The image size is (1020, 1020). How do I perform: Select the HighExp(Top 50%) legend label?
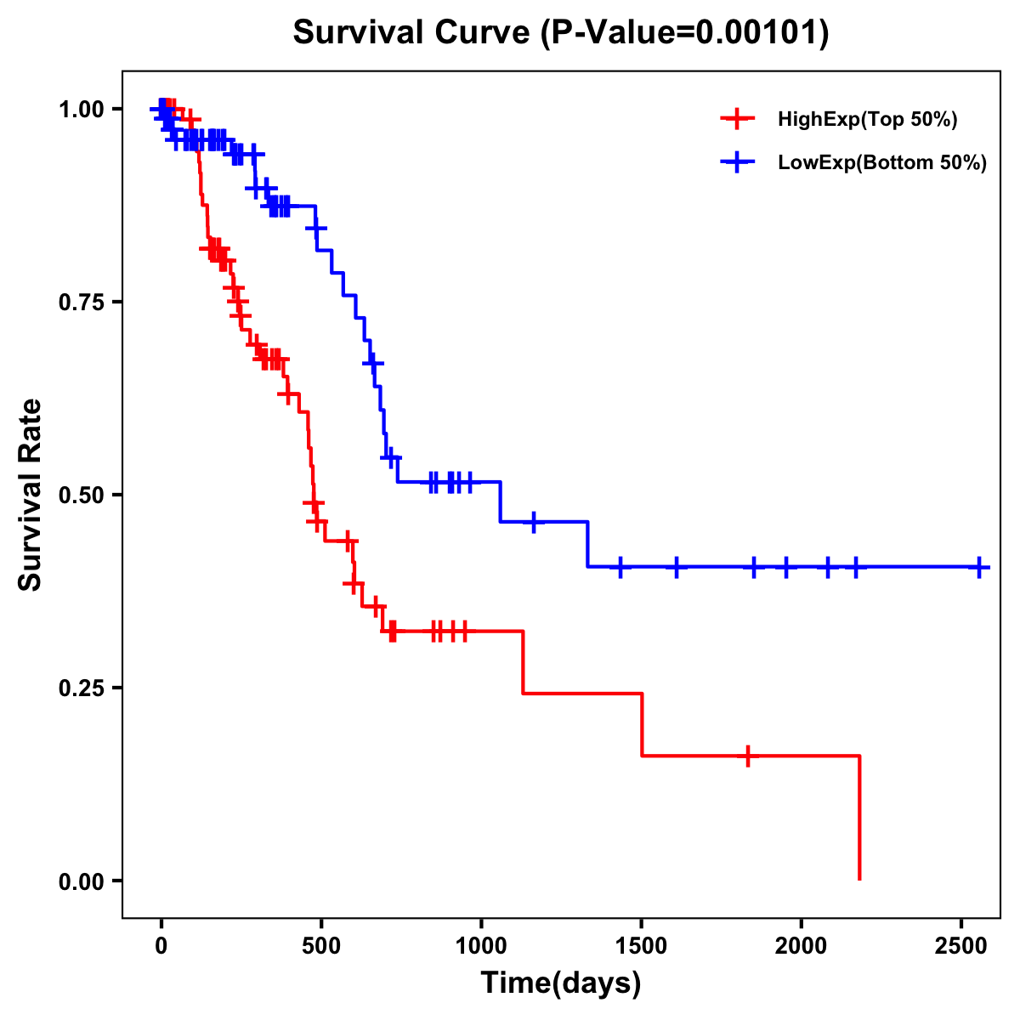click(867, 120)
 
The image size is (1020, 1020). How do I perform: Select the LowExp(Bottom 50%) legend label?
click(882, 163)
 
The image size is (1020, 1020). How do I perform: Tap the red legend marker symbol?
click(737, 120)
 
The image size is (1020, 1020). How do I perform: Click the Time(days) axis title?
click(561, 983)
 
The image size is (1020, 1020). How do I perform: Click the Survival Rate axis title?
click(31, 495)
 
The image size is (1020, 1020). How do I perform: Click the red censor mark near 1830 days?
click(747, 756)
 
